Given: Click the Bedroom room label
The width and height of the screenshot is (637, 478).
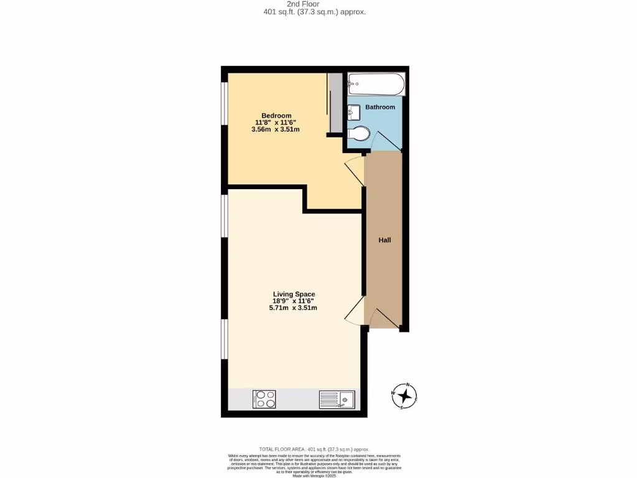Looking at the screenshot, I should (276, 116).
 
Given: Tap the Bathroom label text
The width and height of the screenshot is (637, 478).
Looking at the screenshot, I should (379, 107).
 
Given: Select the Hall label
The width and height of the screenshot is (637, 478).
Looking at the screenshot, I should (385, 240).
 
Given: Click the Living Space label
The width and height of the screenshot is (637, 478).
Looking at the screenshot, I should (294, 294).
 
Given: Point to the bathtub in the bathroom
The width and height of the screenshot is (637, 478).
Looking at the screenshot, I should (376, 83).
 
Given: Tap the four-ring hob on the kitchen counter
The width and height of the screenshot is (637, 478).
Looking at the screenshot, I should (264, 399).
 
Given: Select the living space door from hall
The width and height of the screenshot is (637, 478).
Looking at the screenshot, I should (355, 310).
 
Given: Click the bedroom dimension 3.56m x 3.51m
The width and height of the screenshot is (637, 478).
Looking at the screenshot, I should (276, 130).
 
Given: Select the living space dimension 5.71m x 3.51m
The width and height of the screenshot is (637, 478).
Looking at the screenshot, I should (294, 308).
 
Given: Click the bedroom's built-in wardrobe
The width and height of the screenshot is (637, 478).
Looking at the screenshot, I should (335, 103).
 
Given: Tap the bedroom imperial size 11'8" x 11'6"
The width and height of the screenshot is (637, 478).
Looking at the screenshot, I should (276, 123).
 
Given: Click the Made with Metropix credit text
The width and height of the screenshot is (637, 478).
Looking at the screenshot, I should (314, 476).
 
